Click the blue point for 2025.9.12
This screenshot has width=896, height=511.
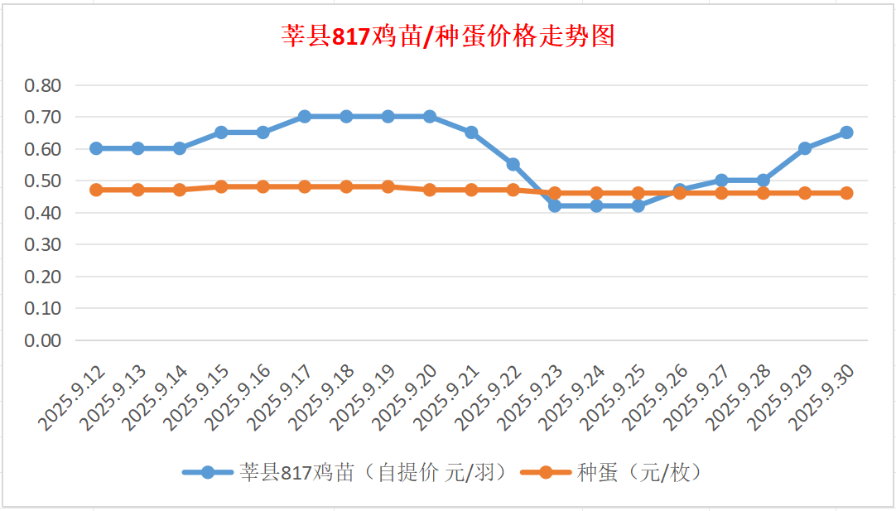tap(96, 148)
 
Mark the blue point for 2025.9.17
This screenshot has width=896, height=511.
tap(304, 117)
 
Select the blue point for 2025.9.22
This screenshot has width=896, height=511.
tap(513, 164)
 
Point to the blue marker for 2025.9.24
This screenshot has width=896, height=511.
tap(596, 205)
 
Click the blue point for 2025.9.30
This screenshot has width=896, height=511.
tap(846, 133)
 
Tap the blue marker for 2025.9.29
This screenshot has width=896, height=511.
tap(804, 148)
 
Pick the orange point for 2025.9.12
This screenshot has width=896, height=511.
tap(96, 190)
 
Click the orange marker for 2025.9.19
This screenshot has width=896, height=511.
tap(388, 186)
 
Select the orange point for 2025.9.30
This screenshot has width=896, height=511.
tap(846, 193)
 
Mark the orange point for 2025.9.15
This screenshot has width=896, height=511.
tap(221, 186)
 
